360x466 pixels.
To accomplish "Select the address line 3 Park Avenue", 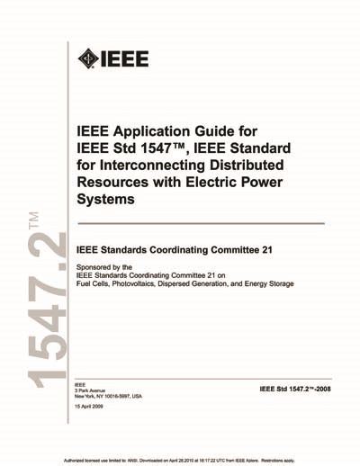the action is (94, 390).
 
